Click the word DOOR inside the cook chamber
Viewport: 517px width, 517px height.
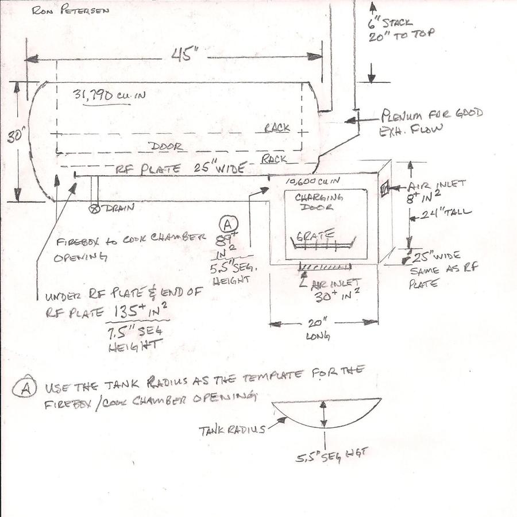coord(165,146)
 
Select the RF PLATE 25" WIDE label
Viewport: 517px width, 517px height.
coord(181,169)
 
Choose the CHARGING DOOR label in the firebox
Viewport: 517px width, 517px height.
coord(319,201)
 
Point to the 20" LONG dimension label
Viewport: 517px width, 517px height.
coord(316,330)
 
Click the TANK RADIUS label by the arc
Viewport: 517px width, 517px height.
coord(232,429)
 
